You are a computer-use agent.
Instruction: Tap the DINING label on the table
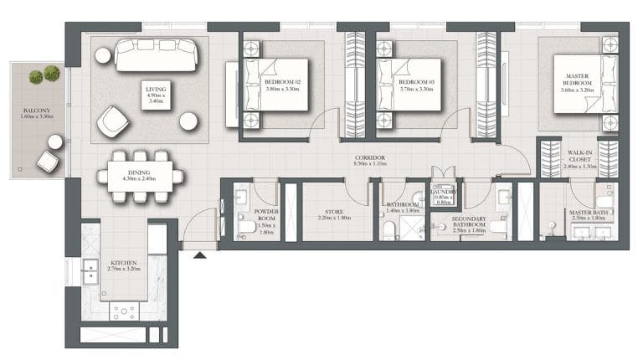coord(139,172)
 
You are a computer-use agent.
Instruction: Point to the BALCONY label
coord(36,114)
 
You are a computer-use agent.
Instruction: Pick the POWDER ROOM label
coord(266,219)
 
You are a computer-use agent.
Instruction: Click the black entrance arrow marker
coord(199,253)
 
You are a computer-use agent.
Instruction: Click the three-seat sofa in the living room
coord(156,54)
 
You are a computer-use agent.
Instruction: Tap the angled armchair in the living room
coord(112,122)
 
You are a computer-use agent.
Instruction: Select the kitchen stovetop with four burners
coord(124,311)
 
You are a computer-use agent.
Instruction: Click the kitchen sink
coord(90,271)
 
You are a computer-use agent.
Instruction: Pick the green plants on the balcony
coord(44,76)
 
